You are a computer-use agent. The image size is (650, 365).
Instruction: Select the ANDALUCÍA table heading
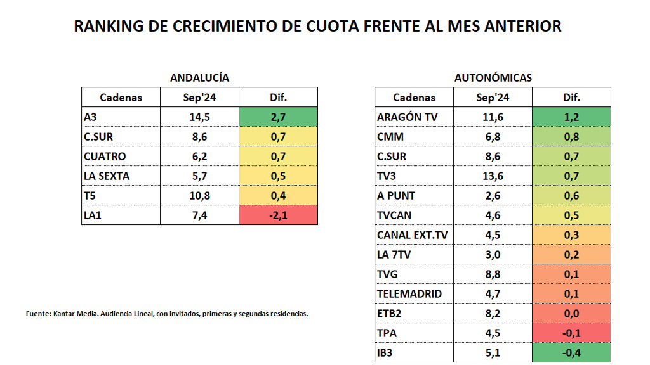coord(199,78)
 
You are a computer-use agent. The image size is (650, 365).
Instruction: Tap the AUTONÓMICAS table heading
coord(493,78)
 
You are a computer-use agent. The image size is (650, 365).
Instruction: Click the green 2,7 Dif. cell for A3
coord(278,117)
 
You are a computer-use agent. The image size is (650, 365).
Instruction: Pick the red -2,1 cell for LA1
coord(278,215)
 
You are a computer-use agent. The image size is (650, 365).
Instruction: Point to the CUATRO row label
coord(105,157)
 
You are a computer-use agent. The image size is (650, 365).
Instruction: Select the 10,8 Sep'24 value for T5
coord(199,196)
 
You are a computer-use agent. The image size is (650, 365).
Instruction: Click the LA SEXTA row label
coord(107,176)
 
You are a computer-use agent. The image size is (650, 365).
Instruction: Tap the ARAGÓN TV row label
coord(407,117)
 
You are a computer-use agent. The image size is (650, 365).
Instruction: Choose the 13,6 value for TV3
coord(493,176)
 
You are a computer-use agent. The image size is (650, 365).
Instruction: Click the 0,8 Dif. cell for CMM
coord(571,137)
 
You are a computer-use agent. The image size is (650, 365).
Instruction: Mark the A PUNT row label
coord(396,196)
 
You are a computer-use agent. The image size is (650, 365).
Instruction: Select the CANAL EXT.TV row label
coord(412,235)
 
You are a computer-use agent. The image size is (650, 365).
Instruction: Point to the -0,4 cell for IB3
coord(571,353)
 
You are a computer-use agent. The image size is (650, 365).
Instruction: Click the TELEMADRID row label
coord(409,294)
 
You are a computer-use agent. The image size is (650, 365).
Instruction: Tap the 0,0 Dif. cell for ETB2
coord(571,314)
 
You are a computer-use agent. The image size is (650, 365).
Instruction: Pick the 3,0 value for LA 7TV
coord(493,255)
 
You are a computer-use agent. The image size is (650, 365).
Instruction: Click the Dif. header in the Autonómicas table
coord(571,98)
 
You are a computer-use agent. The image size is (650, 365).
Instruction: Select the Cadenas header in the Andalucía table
coord(121,98)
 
